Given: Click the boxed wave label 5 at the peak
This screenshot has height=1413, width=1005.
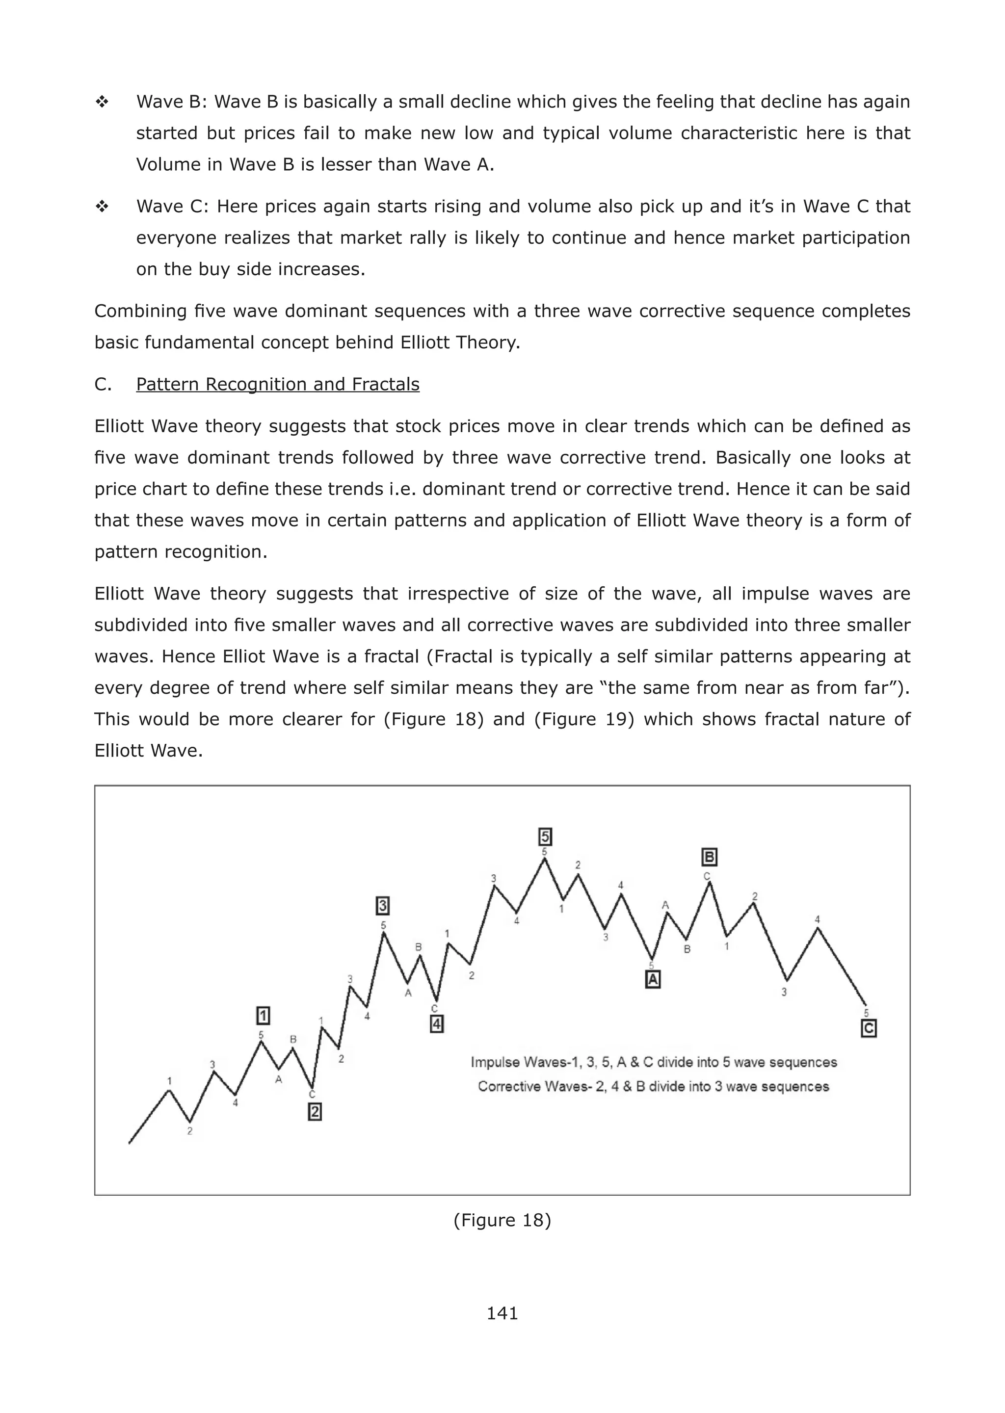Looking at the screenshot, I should pyautogui.click(x=545, y=837).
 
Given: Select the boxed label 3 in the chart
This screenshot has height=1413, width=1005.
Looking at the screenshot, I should pyautogui.click(x=382, y=906).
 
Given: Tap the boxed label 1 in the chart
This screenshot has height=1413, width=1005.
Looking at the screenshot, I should pyautogui.click(x=263, y=1016).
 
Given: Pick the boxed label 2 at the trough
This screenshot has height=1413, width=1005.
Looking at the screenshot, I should pyautogui.click(x=315, y=1112).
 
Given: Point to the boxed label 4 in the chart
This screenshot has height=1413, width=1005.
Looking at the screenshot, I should pyautogui.click(x=436, y=1024).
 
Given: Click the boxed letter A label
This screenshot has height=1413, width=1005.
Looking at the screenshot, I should pyautogui.click(x=652, y=979).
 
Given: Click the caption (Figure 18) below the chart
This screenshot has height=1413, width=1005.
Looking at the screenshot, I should pyautogui.click(x=502, y=1220).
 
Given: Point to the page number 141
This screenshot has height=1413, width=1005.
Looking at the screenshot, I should pyautogui.click(x=502, y=1313).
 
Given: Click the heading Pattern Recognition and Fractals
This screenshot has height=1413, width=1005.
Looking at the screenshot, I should pyautogui.click(x=277, y=384).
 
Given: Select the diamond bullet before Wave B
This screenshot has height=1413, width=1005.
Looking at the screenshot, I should pyautogui.click(x=102, y=102).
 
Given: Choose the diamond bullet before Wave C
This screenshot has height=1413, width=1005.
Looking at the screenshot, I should pyautogui.click(x=102, y=207).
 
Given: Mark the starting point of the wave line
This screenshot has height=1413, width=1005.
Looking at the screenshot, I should pyautogui.click(x=130, y=1143).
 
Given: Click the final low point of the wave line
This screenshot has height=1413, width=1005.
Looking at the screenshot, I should pyautogui.click(x=865, y=1005).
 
